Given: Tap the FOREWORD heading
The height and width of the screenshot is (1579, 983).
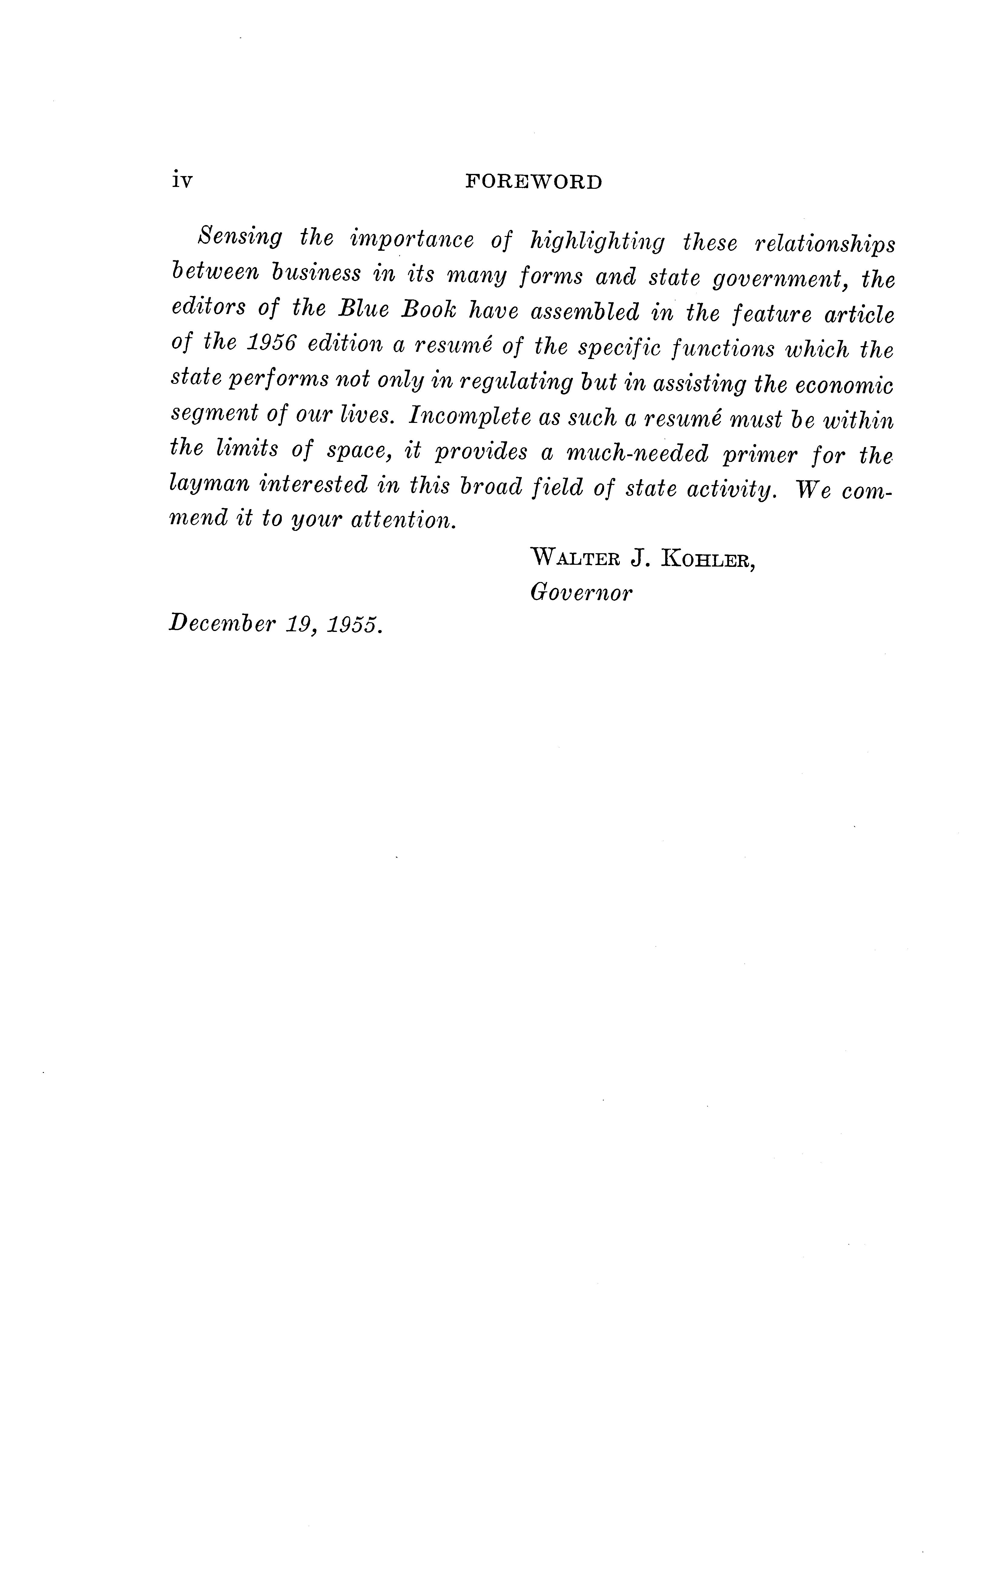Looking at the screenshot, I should point(534,183).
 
